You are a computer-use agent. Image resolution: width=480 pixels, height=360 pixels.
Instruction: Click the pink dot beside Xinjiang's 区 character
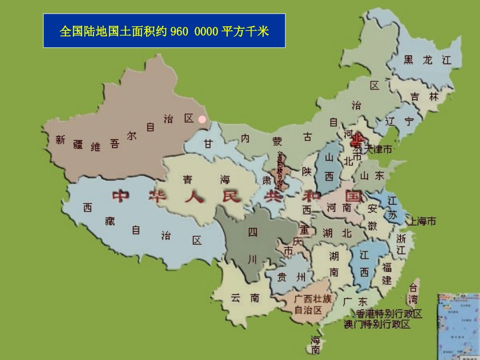(202, 120)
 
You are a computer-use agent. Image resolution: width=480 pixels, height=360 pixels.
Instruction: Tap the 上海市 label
(422, 221)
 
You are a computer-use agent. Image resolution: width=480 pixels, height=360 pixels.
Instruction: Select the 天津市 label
(375, 149)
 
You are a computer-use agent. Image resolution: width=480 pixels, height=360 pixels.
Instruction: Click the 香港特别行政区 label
(389, 314)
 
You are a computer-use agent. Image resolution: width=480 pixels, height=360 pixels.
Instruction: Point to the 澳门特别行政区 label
(377, 324)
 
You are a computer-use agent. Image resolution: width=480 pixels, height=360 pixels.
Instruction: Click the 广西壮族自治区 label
(312, 304)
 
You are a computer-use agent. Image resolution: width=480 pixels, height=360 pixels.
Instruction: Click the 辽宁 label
(399, 121)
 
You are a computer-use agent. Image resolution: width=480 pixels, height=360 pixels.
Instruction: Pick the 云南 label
(245, 298)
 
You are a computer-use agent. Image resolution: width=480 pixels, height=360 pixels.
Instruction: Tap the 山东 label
(373, 175)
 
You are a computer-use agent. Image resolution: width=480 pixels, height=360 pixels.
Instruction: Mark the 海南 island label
(315, 344)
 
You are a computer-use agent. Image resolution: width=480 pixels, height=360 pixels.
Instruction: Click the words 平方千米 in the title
(245, 32)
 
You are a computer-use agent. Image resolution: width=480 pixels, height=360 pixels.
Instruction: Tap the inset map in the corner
(459, 325)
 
